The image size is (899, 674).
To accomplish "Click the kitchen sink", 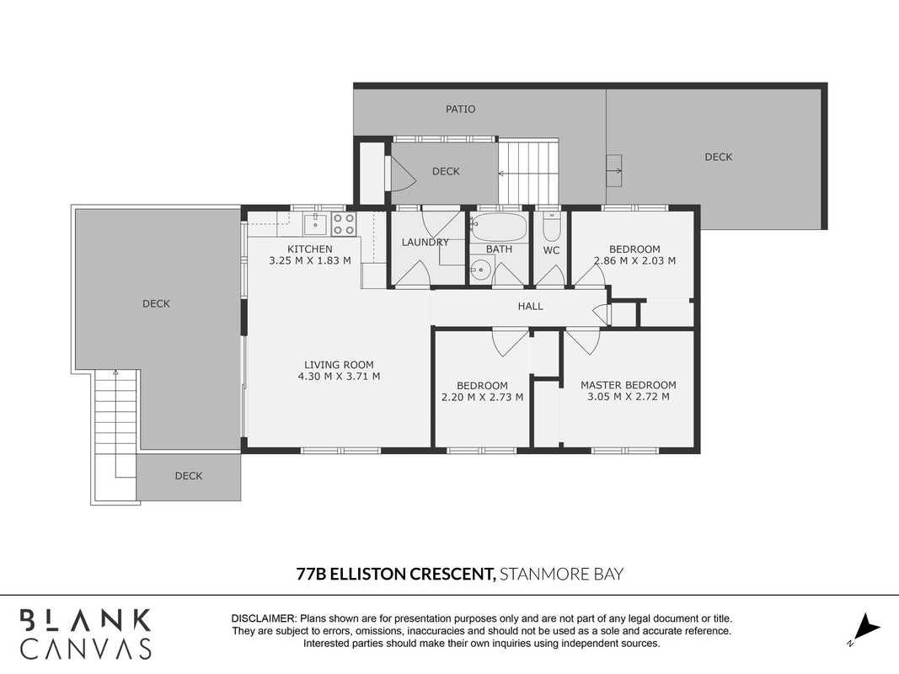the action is point(315,223).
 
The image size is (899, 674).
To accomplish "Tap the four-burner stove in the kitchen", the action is point(344,223).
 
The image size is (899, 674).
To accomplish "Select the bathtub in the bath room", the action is point(498,227).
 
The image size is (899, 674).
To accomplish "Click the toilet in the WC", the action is point(551,227).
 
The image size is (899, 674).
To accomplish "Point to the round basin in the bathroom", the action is point(482,269).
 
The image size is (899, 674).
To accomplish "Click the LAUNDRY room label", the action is point(425,243).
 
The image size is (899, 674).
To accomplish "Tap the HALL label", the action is point(530,307).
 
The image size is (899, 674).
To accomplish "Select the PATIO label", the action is point(460,109).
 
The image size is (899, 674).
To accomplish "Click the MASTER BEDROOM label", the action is point(629,385).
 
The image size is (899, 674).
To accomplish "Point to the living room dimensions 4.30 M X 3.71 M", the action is point(339,377).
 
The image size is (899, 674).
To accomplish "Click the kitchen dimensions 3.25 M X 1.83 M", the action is point(310,261).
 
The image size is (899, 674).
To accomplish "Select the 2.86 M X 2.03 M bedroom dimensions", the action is point(634,261).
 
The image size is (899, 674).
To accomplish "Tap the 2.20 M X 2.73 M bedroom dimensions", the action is point(482,397).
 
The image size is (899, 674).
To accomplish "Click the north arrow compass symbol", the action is point(867,629).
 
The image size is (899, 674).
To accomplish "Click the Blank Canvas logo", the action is point(86,634).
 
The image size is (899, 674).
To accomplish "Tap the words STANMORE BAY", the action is point(562,574).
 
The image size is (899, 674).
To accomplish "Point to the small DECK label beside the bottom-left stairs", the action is point(189,476).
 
